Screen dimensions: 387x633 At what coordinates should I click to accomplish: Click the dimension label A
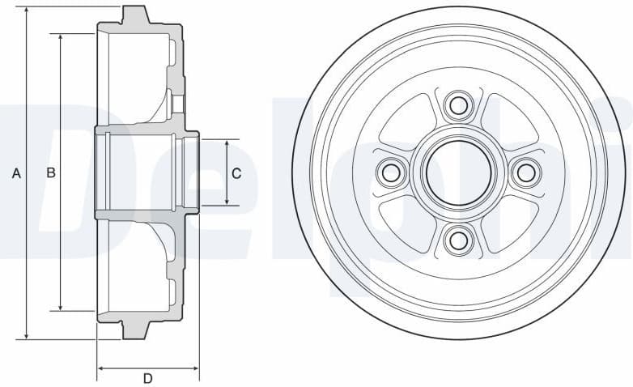click(15, 172)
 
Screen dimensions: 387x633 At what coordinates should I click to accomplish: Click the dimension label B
click(50, 172)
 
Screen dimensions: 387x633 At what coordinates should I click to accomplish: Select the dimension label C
click(236, 172)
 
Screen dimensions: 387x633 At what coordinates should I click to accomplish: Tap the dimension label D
click(147, 378)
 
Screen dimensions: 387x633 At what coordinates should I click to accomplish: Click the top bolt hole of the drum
click(458, 105)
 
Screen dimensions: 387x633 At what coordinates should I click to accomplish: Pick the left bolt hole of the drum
click(392, 172)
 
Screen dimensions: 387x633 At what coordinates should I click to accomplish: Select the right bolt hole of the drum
click(525, 172)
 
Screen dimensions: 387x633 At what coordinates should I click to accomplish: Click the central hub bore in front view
click(458, 172)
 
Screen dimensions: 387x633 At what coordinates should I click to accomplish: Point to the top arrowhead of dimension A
click(27, 11)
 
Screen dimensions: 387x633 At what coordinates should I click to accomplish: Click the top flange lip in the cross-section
click(135, 15)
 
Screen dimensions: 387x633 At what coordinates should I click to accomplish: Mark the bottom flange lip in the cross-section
click(135, 330)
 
